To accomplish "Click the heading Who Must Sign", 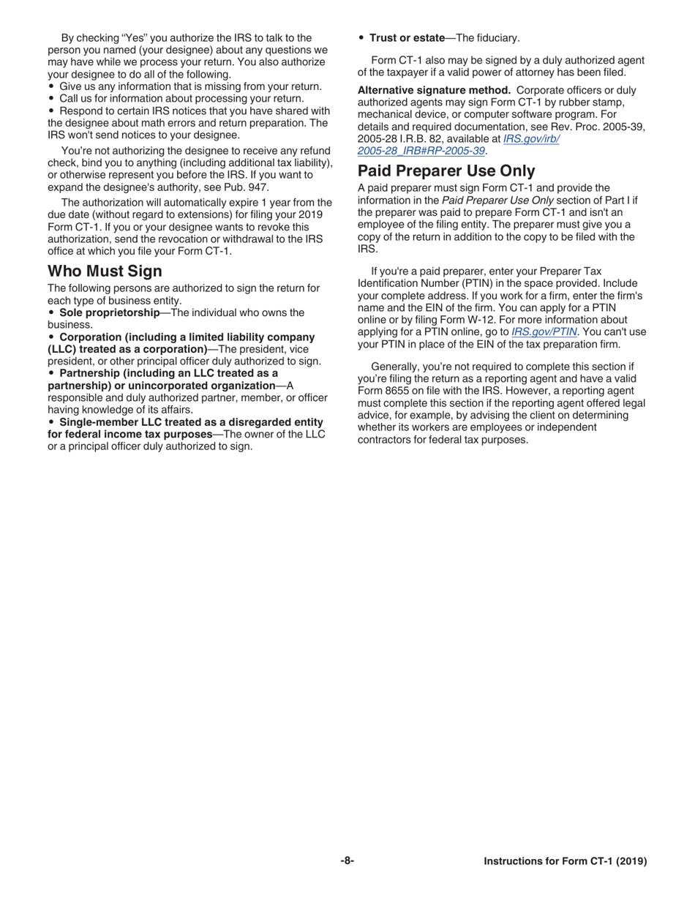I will click(x=105, y=271).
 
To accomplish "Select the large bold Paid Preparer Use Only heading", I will click(x=446, y=171).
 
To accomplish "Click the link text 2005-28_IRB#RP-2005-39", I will click(x=421, y=151).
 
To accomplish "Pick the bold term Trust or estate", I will click(x=407, y=38).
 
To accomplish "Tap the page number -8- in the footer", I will click(x=347, y=861).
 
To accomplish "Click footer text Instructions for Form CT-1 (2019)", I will click(x=565, y=862).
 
